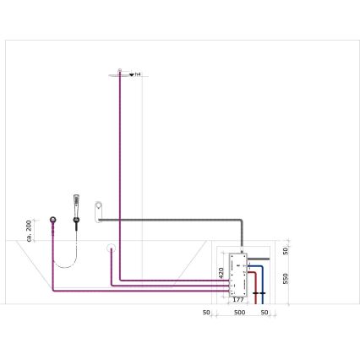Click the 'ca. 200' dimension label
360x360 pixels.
(x=30, y=229)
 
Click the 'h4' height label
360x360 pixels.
(x=138, y=74)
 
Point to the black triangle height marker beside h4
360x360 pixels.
(x=131, y=74)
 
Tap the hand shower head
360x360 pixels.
(x=77, y=203)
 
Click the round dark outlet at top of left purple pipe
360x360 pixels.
(x=54, y=221)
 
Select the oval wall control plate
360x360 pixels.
(x=98, y=209)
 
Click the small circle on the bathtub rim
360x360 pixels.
(x=110, y=248)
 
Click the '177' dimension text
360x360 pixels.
(x=238, y=299)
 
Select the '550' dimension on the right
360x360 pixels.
(x=286, y=277)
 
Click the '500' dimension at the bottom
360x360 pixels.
(x=239, y=313)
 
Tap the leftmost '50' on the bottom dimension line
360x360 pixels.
(x=206, y=313)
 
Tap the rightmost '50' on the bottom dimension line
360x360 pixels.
(x=265, y=313)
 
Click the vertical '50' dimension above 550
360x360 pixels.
(x=286, y=250)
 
